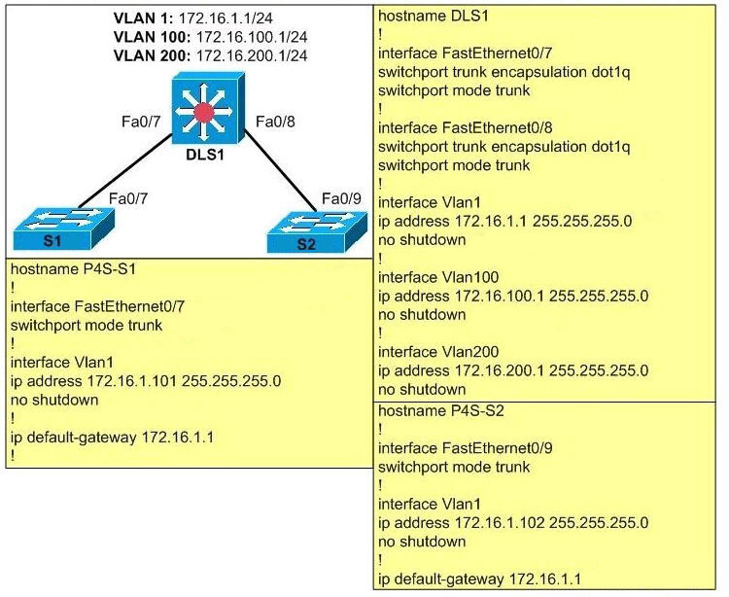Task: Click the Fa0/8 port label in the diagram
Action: click(x=273, y=122)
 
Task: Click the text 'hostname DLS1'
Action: click(x=426, y=17)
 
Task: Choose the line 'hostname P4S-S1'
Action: click(x=71, y=269)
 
